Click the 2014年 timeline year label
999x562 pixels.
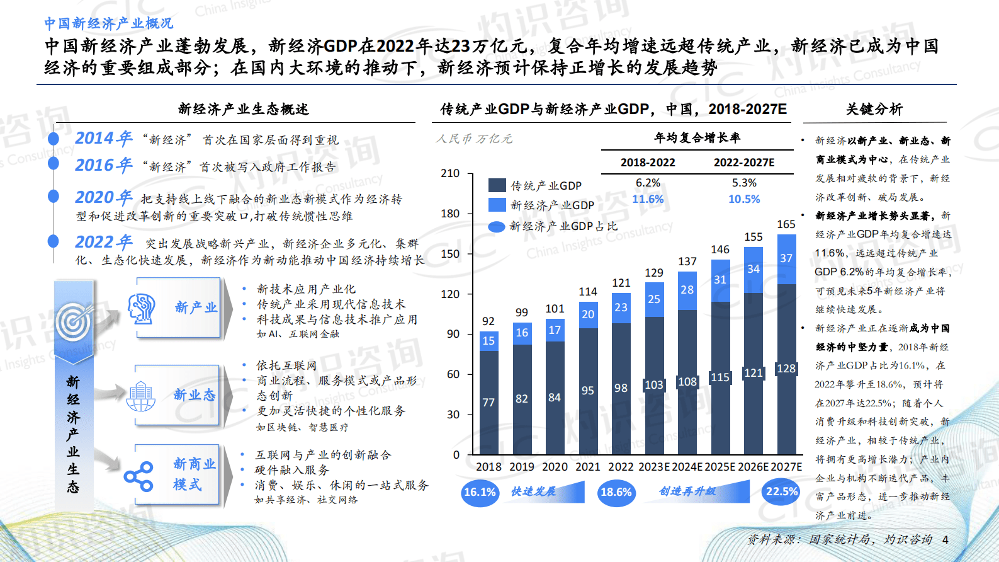(103, 138)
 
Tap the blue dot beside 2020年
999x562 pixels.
(54, 197)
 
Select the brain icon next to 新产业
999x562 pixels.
(142, 308)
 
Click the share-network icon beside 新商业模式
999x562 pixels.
(138, 476)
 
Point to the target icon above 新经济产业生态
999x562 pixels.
(74, 322)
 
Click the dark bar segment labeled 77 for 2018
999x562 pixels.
(488, 403)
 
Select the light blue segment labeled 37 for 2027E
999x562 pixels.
(786, 258)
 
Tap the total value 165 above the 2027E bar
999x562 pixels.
(786, 224)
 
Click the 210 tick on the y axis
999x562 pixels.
(450, 173)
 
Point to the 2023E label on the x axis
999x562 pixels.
(654, 467)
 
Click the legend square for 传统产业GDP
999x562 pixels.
(497, 185)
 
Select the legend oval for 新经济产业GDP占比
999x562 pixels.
(497, 227)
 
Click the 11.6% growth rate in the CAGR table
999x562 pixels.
(648, 199)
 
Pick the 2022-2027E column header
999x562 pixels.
(744, 163)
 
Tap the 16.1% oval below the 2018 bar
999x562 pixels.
(480, 492)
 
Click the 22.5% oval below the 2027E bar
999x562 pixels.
(781, 491)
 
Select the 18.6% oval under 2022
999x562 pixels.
(616, 492)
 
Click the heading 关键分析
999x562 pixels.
(874, 109)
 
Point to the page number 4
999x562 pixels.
(945, 539)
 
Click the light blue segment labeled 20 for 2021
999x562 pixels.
(588, 314)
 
